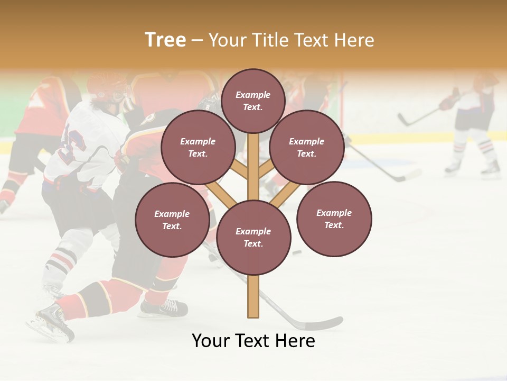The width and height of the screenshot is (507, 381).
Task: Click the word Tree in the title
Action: click(x=165, y=40)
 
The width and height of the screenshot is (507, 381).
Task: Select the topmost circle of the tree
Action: click(x=253, y=101)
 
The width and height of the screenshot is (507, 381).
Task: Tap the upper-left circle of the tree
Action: click(x=198, y=148)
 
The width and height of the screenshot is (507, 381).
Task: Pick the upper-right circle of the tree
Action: click(x=306, y=148)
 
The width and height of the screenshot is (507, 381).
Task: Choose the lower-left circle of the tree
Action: click(x=172, y=220)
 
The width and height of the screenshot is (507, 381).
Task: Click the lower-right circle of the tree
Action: click(x=334, y=219)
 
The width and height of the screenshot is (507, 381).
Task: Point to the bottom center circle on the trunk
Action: click(x=253, y=238)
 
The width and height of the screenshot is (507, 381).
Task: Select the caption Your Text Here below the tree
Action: click(x=253, y=341)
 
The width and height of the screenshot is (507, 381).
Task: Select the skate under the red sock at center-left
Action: click(x=164, y=307)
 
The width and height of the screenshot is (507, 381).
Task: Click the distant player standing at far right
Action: click(x=475, y=127)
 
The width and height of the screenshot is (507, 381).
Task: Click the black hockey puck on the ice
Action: click(x=297, y=252)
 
